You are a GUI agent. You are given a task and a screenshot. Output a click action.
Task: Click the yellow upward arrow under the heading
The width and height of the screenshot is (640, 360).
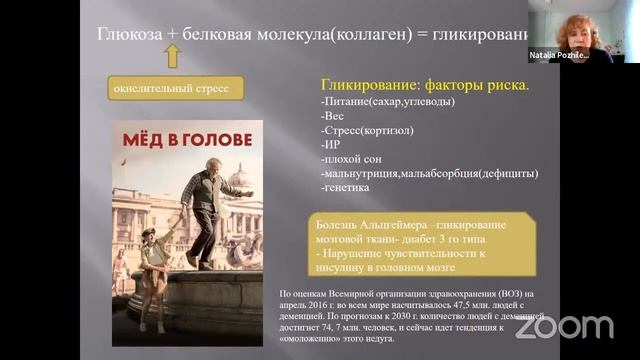[172, 56]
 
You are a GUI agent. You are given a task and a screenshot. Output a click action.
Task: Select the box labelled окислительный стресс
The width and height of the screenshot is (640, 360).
[171, 90]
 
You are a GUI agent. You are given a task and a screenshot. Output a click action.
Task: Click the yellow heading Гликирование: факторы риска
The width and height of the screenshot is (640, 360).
[425, 85]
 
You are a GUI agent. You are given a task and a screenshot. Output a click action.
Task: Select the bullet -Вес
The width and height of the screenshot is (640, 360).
[334, 116]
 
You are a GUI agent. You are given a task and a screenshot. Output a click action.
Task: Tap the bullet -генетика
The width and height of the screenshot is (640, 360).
[346, 187]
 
